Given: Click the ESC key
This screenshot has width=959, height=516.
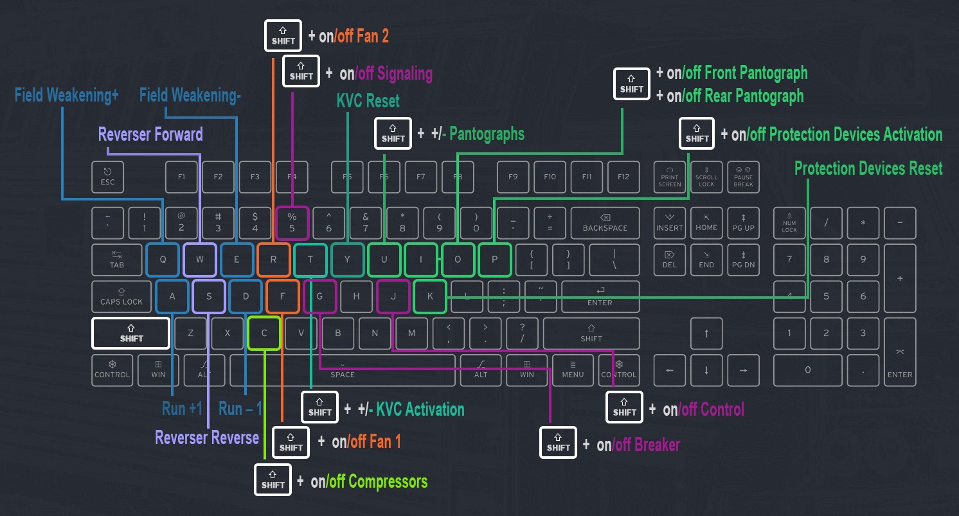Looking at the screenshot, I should pos(107,177).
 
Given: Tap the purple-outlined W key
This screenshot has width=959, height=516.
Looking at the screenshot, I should pos(200,260).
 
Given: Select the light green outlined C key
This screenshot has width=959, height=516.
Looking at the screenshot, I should pos(264,333).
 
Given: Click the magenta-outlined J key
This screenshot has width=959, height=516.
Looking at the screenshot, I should pos(393,296).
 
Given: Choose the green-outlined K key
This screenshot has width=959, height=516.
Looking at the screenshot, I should pos(430,296).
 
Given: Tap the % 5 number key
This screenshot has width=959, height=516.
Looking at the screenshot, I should pos(292,223).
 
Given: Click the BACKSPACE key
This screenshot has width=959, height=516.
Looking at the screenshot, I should pos(604,223).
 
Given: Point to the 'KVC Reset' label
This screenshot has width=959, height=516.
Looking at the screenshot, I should pos(368,101).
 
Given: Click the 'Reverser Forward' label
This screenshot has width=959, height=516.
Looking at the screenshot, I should pos(150,134).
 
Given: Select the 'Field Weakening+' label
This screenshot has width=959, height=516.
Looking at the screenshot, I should pos(67,96).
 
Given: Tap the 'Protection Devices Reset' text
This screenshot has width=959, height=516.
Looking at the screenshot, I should pos(868,168).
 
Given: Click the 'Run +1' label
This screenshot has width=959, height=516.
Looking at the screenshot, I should pos(182,409).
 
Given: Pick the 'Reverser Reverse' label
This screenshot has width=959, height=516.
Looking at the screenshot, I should pos(207,438).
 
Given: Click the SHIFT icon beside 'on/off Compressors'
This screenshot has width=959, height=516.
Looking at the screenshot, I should pos(273,480).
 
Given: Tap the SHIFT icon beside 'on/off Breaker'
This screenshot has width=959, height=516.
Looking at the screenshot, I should pos(558,443).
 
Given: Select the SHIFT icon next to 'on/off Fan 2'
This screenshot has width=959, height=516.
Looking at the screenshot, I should pos(283,36).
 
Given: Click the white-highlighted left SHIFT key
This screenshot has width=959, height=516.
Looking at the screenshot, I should pos(131,334).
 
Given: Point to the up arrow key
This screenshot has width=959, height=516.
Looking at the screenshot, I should pos(706,333).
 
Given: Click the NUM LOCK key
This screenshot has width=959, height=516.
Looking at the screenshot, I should pos(789,223).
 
